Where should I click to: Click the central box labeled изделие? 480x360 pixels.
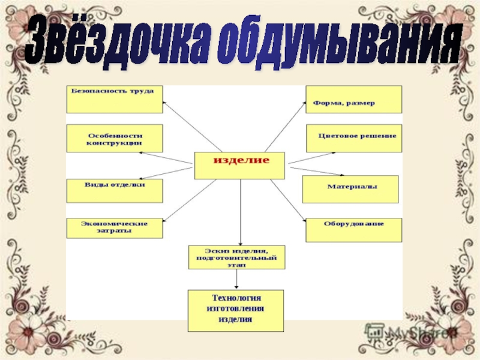pyautogui.click(x=239, y=164)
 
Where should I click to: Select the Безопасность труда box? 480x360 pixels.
pyautogui.click(x=113, y=99)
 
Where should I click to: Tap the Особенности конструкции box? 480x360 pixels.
pyautogui.click(x=113, y=139)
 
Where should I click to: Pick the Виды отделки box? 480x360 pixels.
pyautogui.click(x=113, y=188)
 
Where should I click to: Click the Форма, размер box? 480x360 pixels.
pyautogui.click(x=353, y=99)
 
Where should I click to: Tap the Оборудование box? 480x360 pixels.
pyautogui.click(x=354, y=229)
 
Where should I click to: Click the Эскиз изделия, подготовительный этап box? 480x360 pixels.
pyautogui.click(x=236, y=256)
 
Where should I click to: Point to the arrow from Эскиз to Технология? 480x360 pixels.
pyautogui.click(x=238, y=279)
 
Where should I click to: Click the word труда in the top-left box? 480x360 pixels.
pyautogui.click(x=142, y=91)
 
